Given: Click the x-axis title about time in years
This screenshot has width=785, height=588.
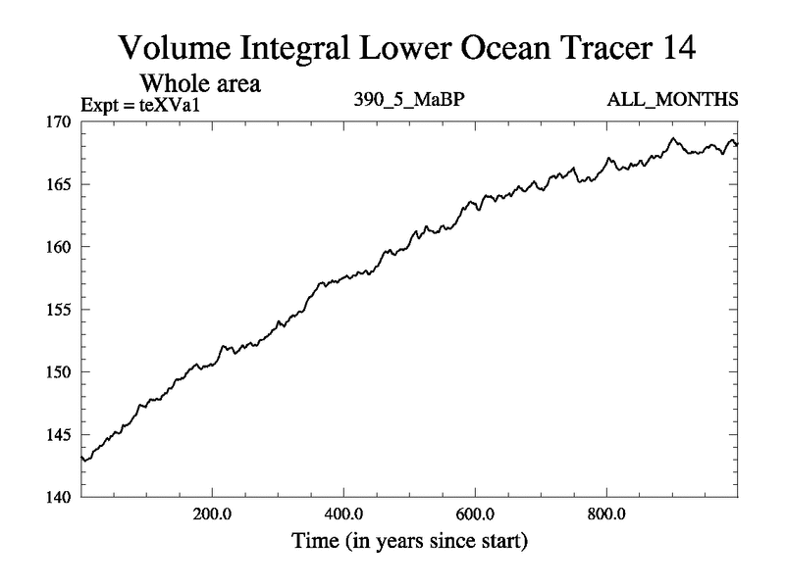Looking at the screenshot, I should (x=408, y=540).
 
